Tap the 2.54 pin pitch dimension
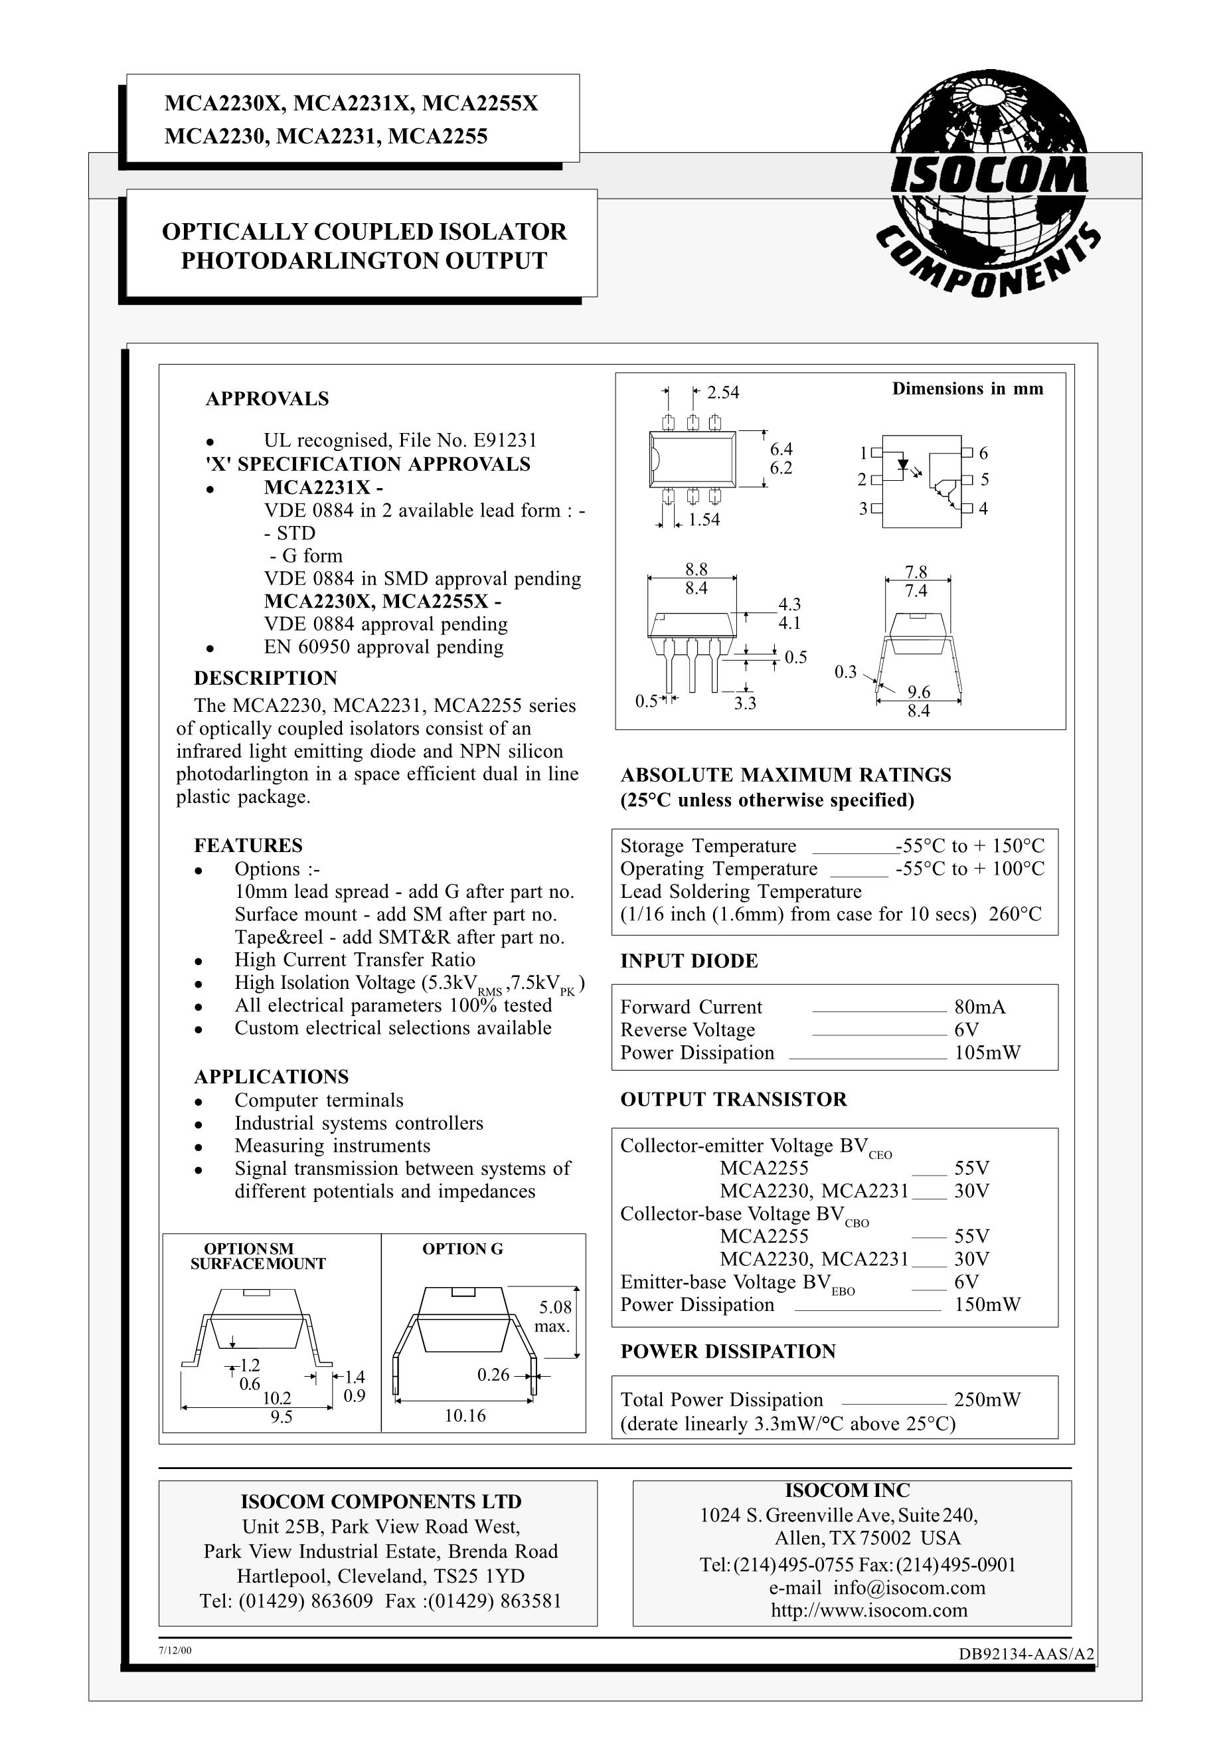(722, 392)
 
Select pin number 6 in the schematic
(983, 453)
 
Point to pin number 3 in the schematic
(862, 509)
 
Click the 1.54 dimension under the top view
(703, 520)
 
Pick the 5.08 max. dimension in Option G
(555, 1316)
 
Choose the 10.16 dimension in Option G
(465, 1416)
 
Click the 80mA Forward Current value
(980, 1007)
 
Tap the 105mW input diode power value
(987, 1053)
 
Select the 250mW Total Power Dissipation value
(987, 1400)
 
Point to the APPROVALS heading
(267, 398)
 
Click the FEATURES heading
(248, 845)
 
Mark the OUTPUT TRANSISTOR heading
(733, 1100)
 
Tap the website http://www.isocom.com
(869, 1610)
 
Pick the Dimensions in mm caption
(967, 389)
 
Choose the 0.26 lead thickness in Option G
(493, 1375)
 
